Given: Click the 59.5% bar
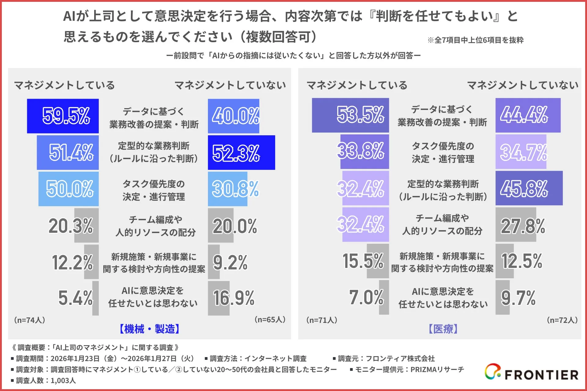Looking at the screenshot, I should (x=63, y=116).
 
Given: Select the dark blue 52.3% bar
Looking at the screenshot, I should (x=241, y=152).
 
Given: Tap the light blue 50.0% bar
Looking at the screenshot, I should (x=68, y=189).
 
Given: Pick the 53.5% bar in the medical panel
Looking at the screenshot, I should (x=350, y=115).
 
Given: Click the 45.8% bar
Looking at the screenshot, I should (x=529, y=188).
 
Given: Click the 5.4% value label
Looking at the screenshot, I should (x=76, y=298).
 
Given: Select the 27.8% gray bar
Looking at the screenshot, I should (x=516, y=225).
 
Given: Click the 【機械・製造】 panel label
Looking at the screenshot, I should (x=150, y=329).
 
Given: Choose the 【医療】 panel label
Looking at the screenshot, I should (x=443, y=329).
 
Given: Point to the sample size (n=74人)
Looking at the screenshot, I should (x=29, y=320).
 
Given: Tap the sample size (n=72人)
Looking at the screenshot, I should (x=562, y=320).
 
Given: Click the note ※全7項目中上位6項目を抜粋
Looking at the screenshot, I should (x=475, y=40).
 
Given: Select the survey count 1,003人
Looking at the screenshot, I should (x=63, y=381).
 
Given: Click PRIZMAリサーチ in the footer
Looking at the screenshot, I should (x=437, y=370).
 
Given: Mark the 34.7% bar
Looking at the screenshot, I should (x=521, y=152).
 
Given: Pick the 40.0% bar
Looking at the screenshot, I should (x=234, y=116).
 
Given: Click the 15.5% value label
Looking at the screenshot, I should (x=363, y=261).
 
